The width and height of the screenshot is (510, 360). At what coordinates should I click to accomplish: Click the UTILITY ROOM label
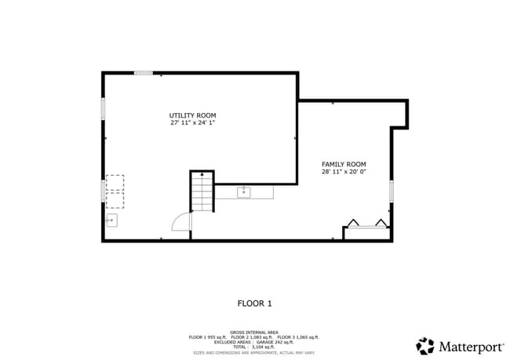(x=192, y=116)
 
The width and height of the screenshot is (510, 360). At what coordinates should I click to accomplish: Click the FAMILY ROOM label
(x=344, y=165)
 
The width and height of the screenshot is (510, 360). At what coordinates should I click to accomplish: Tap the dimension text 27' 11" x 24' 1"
(x=192, y=123)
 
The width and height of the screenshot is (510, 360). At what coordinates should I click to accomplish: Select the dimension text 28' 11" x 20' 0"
(x=344, y=172)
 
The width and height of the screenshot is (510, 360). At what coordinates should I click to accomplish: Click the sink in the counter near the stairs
(x=244, y=191)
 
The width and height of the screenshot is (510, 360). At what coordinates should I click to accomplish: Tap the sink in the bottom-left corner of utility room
(x=111, y=220)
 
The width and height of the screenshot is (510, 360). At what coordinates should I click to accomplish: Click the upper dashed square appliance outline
(x=115, y=182)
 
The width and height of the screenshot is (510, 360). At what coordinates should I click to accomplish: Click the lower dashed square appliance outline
(x=115, y=199)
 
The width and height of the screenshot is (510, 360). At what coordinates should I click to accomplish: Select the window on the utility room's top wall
(x=143, y=73)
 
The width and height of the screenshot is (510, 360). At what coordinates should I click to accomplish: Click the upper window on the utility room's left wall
(x=103, y=108)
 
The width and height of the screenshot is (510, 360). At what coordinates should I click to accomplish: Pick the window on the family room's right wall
(x=391, y=191)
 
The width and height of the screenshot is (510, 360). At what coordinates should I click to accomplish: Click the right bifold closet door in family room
(x=381, y=222)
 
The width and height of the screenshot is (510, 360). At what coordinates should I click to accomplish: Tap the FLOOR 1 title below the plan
(x=254, y=302)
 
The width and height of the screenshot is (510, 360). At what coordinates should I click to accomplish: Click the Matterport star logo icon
(x=425, y=346)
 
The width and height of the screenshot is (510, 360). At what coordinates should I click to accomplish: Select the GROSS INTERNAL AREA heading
(x=254, y=332)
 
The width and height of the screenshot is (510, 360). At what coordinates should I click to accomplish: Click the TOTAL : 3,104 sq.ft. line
(x=254, y=347)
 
